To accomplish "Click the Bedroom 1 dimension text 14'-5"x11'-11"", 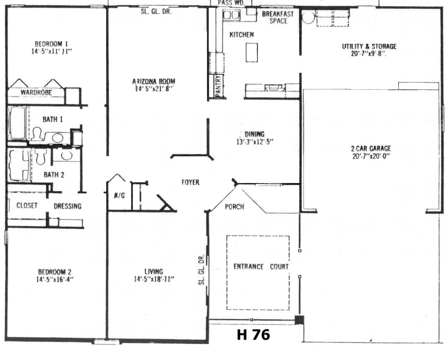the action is click(x=52, y=52).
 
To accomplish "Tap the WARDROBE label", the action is click(x=36, y=93).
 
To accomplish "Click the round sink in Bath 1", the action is click(x=58, y=138).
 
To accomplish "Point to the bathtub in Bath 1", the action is click(x=17, y=123).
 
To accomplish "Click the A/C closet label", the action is click(x=119, y=196).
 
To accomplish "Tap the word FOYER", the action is click(x=191, y=182).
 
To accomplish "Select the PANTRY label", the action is click(x=218, y=87).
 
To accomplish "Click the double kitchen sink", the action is click(x=231, y=15).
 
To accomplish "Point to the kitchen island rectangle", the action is click(x=252, y=53).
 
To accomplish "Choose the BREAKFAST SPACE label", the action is click(x=278, y=17).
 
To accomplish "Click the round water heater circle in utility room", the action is click(x=308, y=17).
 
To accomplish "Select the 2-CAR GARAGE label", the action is click(x=371, y=148).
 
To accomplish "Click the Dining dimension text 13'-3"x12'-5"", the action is click(x=255, y=142).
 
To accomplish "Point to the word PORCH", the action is click(x=234, y=207).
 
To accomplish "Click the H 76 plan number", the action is click(x=253, y=335).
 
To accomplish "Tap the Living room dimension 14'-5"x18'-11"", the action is click(x=154, y=279).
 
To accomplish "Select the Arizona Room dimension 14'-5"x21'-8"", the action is click(x=154, y=89).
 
